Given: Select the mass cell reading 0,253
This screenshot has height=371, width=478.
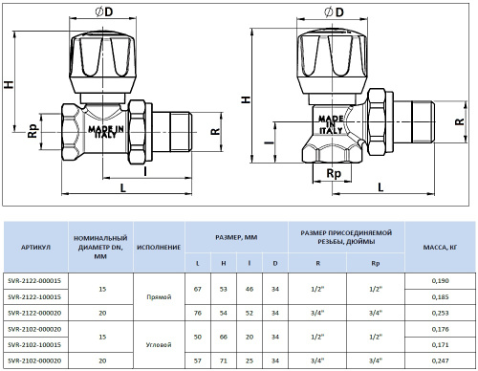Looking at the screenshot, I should click(440, 311).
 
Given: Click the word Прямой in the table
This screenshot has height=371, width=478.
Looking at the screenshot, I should click(158, 297).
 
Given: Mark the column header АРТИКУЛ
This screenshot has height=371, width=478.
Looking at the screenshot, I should click(33, 246).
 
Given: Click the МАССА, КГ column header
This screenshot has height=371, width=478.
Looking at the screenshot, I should click(440, 246).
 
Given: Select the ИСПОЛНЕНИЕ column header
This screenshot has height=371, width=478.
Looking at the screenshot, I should click(158, 246).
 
